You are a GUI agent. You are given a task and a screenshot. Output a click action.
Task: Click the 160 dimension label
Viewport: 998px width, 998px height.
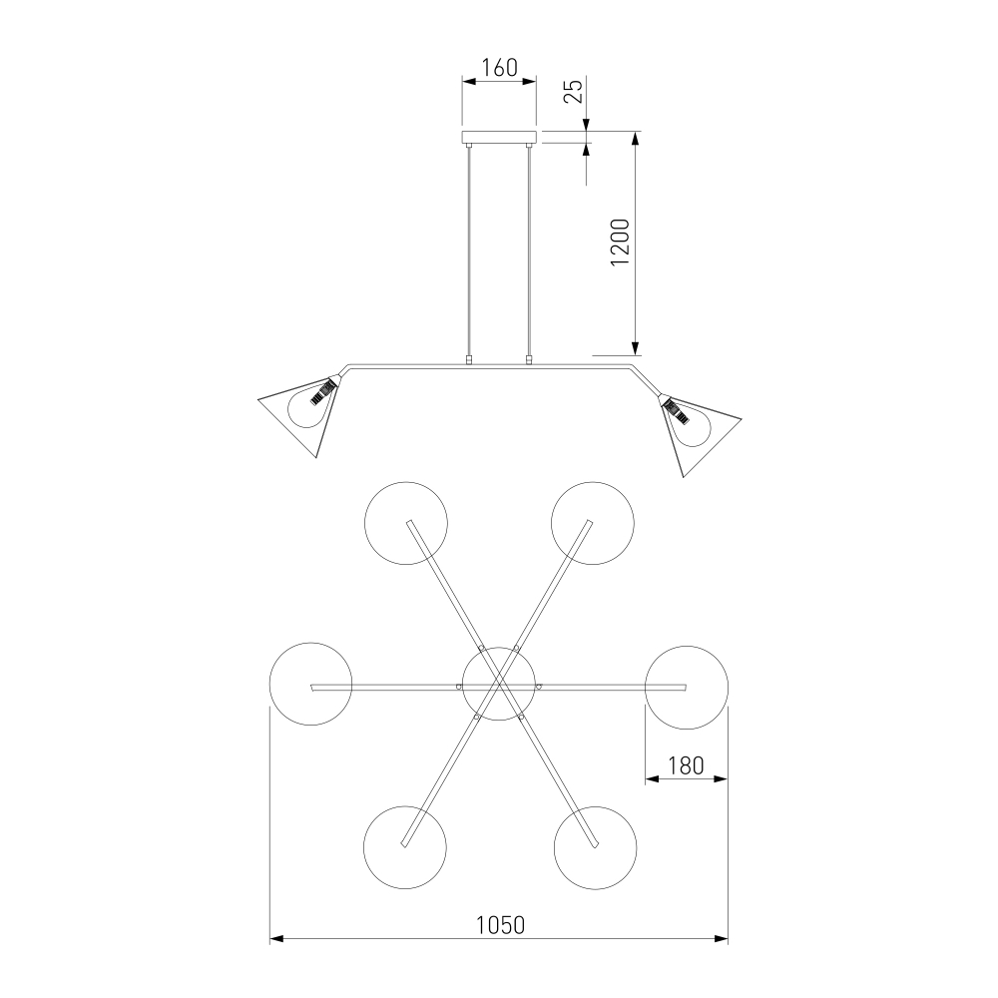pos(499,67)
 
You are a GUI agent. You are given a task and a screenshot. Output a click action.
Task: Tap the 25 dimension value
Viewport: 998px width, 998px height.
pos(574,92)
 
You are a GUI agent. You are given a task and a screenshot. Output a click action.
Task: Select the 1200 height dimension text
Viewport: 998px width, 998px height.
pos(620,242)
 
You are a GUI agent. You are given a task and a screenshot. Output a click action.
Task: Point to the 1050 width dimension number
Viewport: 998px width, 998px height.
pos(501,925)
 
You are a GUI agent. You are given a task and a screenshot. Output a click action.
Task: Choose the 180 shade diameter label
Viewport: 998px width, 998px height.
pos(687,765)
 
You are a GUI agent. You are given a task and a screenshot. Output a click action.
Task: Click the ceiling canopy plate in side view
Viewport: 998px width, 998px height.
pos(499,137)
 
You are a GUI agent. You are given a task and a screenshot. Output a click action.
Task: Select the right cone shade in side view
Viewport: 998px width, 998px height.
pos(701,435)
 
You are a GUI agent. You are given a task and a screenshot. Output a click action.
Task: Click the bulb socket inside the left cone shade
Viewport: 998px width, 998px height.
pos(322,391)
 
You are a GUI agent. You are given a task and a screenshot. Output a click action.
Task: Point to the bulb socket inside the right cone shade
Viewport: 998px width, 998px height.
pos(677,412)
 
